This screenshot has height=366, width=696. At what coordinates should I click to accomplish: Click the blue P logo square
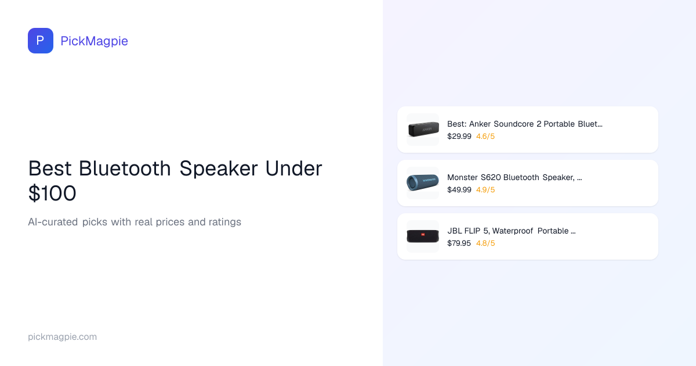[41, 41]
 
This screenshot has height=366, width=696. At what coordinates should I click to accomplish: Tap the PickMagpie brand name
[94, 41]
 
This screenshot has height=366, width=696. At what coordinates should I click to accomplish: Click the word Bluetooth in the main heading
[125, 168]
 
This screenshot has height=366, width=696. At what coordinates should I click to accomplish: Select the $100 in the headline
[52, 193]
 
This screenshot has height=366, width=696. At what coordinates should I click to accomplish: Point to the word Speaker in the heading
[219, 168]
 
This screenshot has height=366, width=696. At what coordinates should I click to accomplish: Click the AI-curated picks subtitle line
[135, 222]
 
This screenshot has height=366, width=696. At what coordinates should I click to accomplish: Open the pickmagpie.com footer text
[62, 337]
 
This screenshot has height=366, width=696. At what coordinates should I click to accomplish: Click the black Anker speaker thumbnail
[423, 130]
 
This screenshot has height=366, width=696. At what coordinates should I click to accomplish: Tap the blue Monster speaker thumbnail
[423, 183]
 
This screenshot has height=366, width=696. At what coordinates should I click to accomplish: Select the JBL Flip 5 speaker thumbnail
[423, 236]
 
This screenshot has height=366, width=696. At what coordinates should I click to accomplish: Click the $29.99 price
[459, 137]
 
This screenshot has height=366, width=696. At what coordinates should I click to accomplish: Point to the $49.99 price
[459, 190]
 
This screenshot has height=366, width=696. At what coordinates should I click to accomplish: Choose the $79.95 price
[459, 243]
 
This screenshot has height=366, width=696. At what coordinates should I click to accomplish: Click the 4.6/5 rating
[485, 137]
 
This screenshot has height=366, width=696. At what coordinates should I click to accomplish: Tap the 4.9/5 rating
[485, 190]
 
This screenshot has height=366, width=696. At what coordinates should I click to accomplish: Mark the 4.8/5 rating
[485, 243]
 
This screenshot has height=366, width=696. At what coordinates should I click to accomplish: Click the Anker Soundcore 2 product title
[525, 124]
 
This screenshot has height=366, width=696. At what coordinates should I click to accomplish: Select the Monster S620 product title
[514, 177]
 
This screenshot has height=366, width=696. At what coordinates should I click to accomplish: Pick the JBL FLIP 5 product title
[512, 231]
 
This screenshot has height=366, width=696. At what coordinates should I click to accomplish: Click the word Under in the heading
[293, 168]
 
